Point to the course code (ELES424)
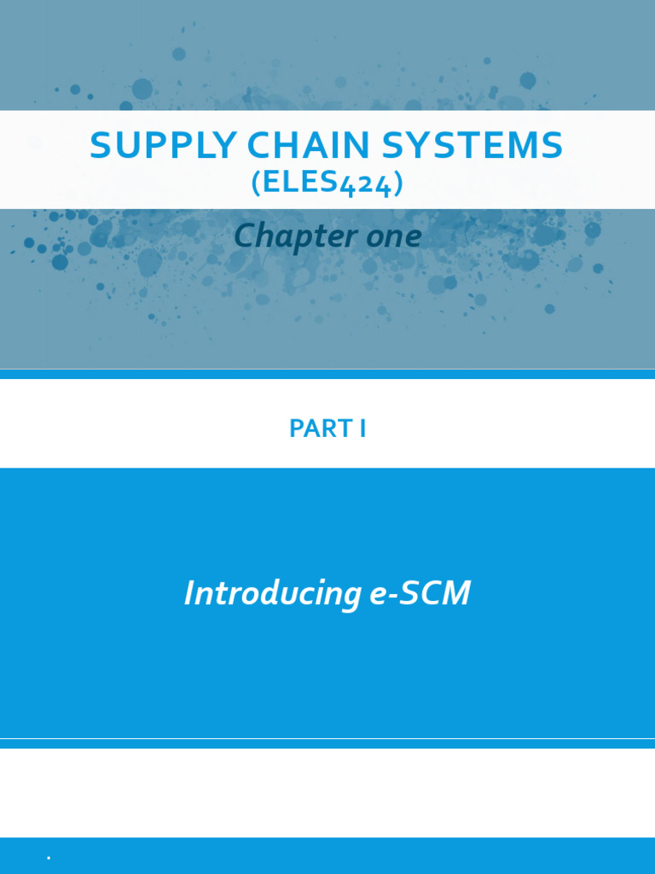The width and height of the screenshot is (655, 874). pyautogui.click(x=327, y=184)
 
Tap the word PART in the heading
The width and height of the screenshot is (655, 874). pyautogui.click(x=312, y=428)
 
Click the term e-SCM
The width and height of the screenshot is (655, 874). pyautogui.click(x=420, y=593)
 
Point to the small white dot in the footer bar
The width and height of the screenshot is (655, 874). pyautogui.click(x=49, y=858)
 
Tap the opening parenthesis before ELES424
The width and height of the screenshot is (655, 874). pyautogui.click(x=256, y=184)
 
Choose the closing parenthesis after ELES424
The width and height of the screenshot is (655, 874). pyautogui.click(x=397, y=184)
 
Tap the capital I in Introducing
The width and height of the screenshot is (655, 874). pyautogui.click(x=189, y=593)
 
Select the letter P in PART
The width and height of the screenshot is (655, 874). pyautogui.click(x=296, y=428)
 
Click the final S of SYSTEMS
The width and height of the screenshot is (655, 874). pyautogui.click(x=552, y=146)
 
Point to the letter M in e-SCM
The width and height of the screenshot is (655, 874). pyautogui.click(x=455, y=593)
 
